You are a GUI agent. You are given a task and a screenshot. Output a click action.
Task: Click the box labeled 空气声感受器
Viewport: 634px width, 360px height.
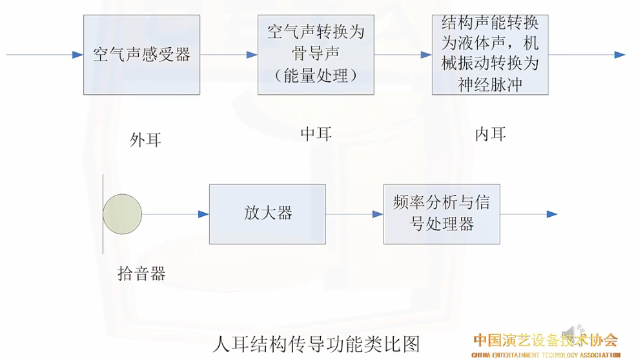[141, 55]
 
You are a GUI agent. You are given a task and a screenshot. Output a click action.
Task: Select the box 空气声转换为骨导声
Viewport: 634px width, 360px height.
[316, 55]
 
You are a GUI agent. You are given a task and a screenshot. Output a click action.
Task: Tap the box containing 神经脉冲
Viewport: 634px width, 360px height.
[490, 55]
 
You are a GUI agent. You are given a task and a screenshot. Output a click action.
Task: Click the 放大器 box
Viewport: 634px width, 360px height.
[267, 214]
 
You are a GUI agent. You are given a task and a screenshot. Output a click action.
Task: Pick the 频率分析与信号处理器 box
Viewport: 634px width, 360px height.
[442, 214]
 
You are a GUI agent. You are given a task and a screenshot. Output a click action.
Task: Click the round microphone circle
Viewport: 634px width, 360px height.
[123, 214]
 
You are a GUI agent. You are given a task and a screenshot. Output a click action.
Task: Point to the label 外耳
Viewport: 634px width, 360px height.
[145, 139]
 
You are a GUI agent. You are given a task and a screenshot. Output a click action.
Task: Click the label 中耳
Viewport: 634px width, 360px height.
[316, 134]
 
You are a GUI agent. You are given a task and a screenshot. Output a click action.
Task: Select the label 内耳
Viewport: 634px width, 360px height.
[490, 134]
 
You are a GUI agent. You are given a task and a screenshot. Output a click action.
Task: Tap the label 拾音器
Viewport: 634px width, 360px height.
[141, 274]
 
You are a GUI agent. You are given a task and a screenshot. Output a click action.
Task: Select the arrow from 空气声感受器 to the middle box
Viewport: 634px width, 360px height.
[229, 55]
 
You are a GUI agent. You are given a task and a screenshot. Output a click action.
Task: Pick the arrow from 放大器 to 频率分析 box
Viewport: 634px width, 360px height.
[354, 214]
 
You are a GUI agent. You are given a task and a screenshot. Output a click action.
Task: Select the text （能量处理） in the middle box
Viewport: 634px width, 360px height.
[316, 75]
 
